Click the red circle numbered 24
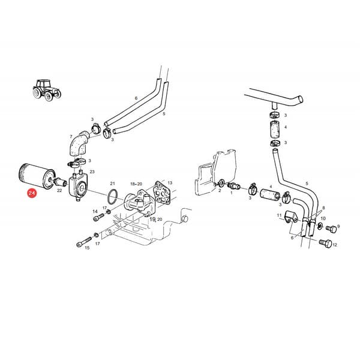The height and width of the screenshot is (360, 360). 31,193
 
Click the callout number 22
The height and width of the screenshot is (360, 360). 59,191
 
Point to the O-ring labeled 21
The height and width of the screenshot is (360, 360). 113,196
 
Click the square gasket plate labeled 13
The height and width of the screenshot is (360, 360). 163,193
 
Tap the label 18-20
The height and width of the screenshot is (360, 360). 136,184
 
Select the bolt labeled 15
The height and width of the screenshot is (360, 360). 84,242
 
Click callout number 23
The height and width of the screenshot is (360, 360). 92,172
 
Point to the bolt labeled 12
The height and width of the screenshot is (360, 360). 326,243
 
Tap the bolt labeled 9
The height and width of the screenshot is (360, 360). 331,229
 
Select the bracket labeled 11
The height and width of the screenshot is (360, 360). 291,217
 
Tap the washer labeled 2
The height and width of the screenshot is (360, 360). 222,183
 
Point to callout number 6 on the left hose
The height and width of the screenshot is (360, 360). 136,98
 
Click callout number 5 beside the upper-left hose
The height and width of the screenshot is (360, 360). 164,113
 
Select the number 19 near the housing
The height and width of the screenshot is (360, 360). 152,219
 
